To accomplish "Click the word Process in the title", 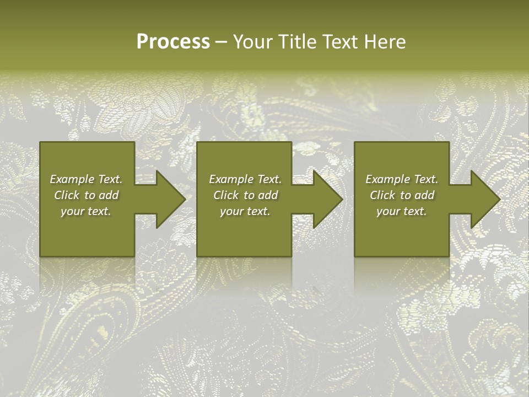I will (x=173, y=42).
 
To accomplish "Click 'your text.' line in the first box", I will (x=86, y=211).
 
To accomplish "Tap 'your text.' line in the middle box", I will (x=245, y=211).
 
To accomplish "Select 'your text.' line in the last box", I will (x=402, y=211).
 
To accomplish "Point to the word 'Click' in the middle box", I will (x=226, y=195).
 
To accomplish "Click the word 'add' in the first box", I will (x=109, y=195).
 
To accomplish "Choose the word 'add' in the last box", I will (x=425, y=195).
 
